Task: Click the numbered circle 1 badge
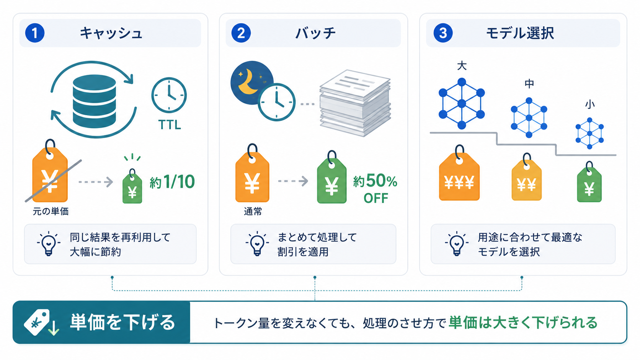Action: point(35,33)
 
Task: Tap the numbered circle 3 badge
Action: point(443,33)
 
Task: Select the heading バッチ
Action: point(315,33)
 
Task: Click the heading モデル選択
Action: point(520,33)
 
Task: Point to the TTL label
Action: point(170,125)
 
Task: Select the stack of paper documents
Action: point(355,103)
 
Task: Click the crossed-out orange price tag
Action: point(50,171)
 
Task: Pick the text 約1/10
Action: point(172,182)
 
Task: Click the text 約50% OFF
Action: point(375,189)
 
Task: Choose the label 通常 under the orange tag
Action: point(253,212)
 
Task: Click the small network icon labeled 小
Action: point(589,133)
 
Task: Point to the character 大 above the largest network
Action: point(462,66)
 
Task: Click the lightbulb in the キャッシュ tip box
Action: point(49,244)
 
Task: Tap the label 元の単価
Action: point(51,212)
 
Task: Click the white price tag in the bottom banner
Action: point(37,322)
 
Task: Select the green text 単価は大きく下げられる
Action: point(523,323)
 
